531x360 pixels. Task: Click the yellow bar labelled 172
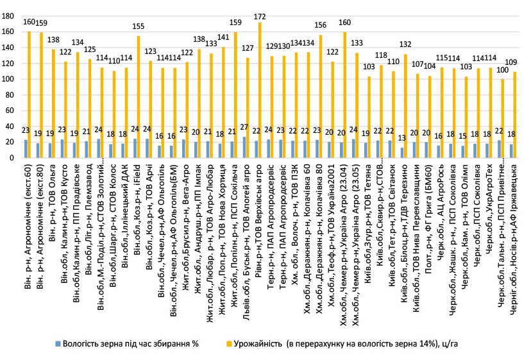260,90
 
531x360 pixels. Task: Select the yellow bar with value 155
138,97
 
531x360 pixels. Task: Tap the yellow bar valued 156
321,96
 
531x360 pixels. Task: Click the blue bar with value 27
244,147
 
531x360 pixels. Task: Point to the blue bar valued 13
401,153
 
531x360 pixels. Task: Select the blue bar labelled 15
463,152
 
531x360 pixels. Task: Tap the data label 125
89,49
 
